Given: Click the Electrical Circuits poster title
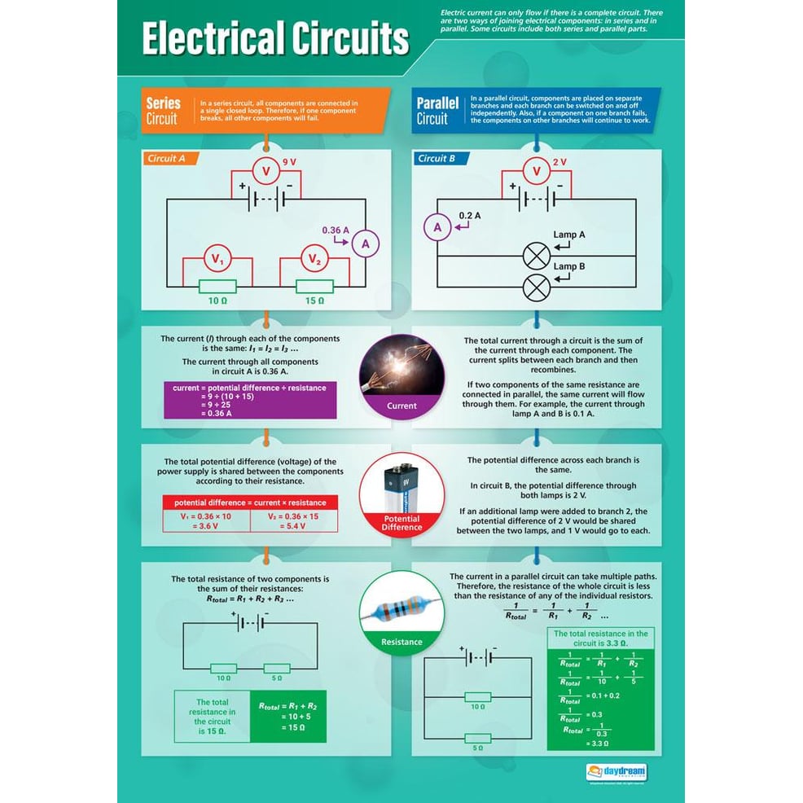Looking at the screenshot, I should [x=275, y=39].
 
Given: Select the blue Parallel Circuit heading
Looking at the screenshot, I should [x=437, y=111].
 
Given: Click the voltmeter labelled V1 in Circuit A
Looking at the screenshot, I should [x=217, y=260].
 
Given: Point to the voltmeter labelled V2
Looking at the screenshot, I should [x=314, y=260].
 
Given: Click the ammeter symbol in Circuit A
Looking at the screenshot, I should [x=366, y=243].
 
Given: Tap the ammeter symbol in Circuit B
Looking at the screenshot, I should [x=437, y=227].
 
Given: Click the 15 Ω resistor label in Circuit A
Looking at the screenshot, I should [x=314, y=301].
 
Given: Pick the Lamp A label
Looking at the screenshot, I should [x=569, y=235].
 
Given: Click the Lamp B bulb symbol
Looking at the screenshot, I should [x=536, y=287].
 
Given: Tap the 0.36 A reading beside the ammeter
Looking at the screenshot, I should [x=335, y=230].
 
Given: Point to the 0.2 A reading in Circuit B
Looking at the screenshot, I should [x=470, y=215].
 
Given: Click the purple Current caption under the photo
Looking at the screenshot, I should [x=401, y=406].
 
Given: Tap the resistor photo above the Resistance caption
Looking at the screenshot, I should [x=401, y=605].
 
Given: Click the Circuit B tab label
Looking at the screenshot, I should [x=437, y=159].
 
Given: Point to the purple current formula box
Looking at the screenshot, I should [x=249, y=400].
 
